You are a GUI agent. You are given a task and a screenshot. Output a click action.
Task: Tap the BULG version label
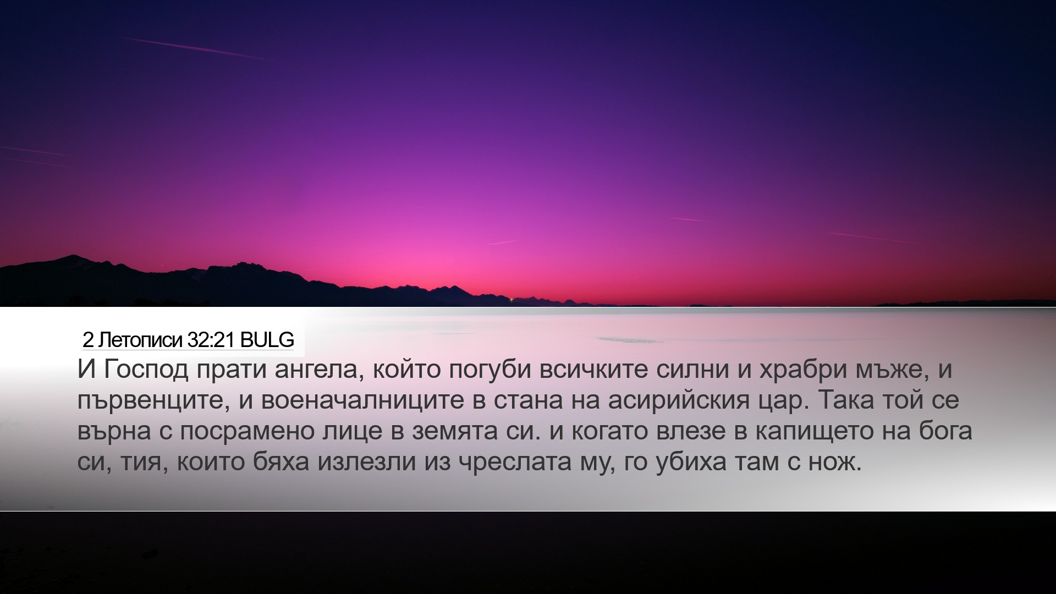[x=267, y=340]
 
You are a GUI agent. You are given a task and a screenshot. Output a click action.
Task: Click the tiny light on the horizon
[x=512, y=300]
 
